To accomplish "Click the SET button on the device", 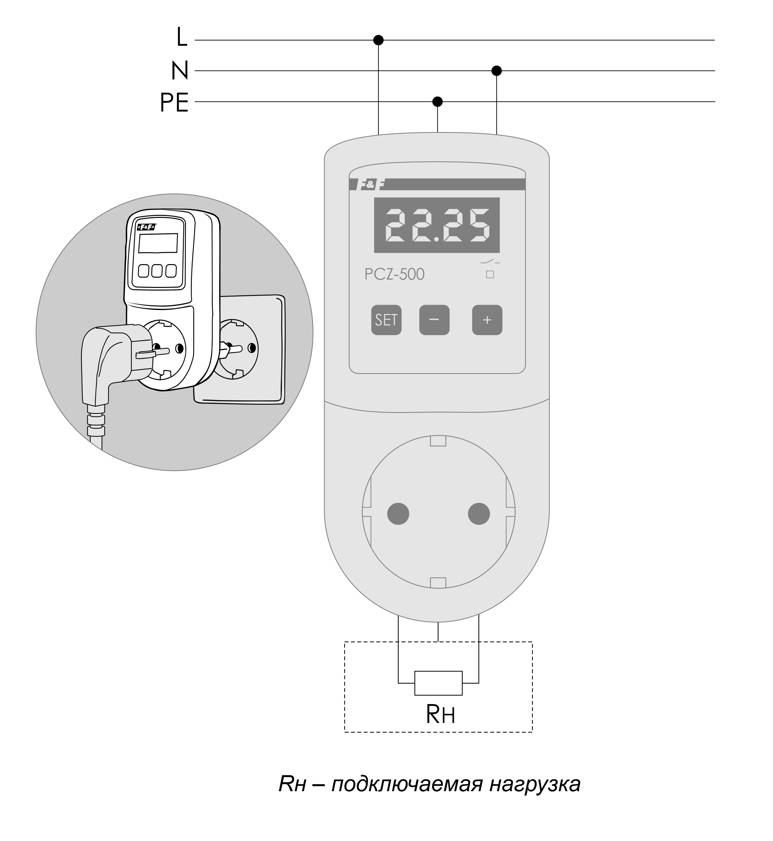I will coord(386,320).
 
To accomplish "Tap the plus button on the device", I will coord(487,320).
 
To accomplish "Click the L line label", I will coord(182,37).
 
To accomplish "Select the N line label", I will coord(180,71).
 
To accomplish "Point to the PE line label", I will coord(174,102).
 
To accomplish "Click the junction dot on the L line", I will coord(378,40).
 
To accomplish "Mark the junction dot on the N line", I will coord(496,71).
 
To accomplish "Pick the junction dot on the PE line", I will coord(437,102).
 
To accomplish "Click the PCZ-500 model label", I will coord(394,274).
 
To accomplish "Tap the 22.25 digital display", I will coord(437,225).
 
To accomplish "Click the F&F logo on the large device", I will coord(370,184).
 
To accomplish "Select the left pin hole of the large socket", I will coord(398,514).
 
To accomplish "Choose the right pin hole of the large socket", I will coord(479,514).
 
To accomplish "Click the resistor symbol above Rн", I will coord(438,683).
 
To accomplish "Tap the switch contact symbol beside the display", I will coord(490,262).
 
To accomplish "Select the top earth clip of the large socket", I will coord(438,441).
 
